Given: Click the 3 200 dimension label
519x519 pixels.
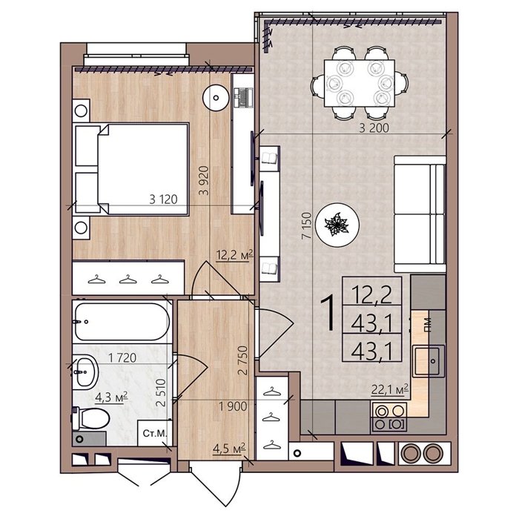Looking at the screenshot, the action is coord(374,128).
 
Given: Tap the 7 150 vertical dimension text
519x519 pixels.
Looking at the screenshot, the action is coord(307,225).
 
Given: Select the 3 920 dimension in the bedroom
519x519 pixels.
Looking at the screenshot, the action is coord(204,180).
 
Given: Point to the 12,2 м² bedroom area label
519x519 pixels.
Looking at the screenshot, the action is coord(234,255).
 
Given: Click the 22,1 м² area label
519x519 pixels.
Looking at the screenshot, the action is coord(390,389).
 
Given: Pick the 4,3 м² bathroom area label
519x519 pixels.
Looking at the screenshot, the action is coord(111,397).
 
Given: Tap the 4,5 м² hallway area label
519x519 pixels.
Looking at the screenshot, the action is coord(229,449).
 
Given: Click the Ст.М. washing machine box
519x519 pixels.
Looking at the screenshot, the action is coord(155,433).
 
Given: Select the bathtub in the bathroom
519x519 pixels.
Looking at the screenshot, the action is coord(122,322).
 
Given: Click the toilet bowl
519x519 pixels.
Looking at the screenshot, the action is coord(91,418).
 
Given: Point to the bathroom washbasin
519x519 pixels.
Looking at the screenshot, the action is coord(85,371).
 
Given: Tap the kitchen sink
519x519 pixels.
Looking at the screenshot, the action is coord(429,361).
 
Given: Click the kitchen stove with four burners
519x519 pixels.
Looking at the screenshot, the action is coord(389,417).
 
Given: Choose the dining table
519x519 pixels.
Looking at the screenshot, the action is coord(360,83).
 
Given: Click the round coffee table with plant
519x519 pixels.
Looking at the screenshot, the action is coord(337,225).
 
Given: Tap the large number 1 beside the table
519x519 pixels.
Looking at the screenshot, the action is coord(329,313).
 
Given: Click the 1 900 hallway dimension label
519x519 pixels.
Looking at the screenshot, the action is coord(233,406).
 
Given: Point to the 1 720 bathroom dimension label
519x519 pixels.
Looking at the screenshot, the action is coord(122,358).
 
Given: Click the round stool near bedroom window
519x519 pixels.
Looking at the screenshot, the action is coord(216,98).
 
